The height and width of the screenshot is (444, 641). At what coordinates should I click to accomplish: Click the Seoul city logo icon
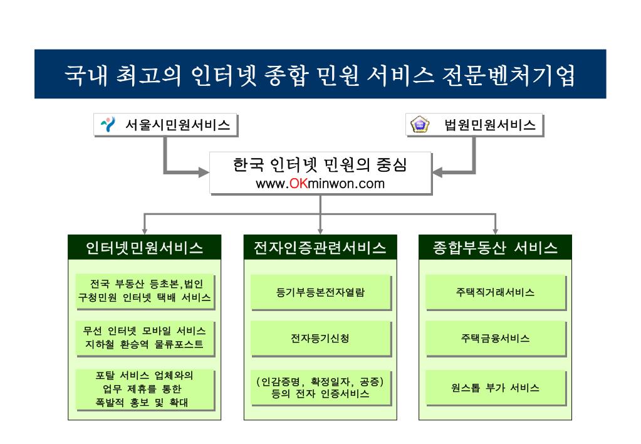click(x=108, y=125)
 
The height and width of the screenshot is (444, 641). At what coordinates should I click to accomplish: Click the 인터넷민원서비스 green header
click(x=144, y=247)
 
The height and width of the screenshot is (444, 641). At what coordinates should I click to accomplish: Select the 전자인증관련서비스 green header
click(x=320, y=247)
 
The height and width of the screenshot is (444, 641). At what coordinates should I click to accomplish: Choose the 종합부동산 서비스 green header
click(x=495, y=247)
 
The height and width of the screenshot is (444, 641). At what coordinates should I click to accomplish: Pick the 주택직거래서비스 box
click(x=495, y=292)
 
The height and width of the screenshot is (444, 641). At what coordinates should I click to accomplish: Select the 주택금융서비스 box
click(x=495, y=338)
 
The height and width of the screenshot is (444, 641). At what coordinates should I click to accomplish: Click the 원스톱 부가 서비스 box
click(x=495, y=387)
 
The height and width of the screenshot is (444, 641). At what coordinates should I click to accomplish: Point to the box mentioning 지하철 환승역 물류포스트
click(x=144, y=337)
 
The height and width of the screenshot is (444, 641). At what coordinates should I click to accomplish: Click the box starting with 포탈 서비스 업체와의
click(x=144, y=389)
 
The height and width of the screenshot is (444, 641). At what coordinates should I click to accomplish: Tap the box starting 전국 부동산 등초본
click(x=144, y=290)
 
